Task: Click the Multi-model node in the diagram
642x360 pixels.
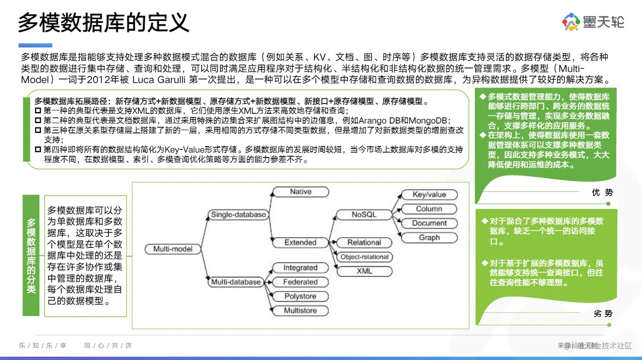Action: click(x=173, y=249)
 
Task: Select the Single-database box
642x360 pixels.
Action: click(x=238, y=215)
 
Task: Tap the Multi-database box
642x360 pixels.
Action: click(x=236, y=282)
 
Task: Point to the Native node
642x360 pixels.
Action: click(x=301, y=192)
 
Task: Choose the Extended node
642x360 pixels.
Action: click(x=300, y=242)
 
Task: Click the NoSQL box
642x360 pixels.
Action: click(x=364, y=215)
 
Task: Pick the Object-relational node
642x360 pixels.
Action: click(x=364, y=257)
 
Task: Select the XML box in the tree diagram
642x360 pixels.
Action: click(x=364, y=271)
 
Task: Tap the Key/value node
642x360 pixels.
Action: click(x=429, y=195)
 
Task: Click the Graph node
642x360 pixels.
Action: click(x=429, y=238)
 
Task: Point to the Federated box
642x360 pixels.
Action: click(x=300, y=282)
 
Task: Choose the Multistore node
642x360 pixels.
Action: click(x=300, y=311)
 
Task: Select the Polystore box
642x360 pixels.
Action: click(x=300, y=296)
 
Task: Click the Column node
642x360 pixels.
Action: click(x=429, y=209)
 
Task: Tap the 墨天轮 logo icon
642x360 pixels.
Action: click(x=571, y=22)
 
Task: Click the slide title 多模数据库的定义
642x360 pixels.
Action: click(x=103, y=22)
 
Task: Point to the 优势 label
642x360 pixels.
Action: click(x=602, y=193)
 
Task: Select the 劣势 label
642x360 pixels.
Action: click(x=603, y=314)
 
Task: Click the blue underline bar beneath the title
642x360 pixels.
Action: click(x=35, y=45)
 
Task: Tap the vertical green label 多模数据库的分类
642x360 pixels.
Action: click(x=31, y=256)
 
